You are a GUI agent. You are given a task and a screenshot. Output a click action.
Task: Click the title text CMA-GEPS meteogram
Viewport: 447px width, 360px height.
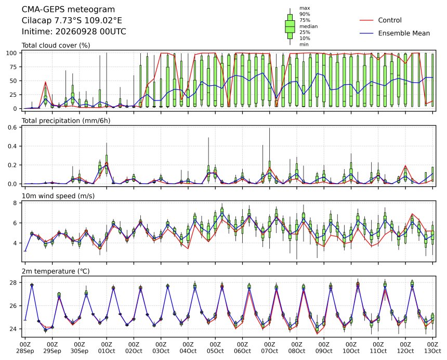coord(68,9)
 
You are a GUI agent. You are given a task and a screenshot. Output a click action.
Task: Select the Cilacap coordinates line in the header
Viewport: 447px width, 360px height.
coord(72,20)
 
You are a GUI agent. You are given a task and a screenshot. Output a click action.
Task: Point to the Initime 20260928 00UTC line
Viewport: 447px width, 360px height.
coord(74,31)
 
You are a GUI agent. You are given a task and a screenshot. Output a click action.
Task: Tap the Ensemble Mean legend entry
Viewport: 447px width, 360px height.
coord(395,33)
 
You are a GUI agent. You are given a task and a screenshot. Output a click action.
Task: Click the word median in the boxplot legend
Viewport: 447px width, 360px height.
coord(308,26)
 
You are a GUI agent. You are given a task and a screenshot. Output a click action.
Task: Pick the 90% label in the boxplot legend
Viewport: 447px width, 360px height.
coord(305,14)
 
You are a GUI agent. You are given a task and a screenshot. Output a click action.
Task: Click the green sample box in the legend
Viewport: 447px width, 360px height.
coord(290,26)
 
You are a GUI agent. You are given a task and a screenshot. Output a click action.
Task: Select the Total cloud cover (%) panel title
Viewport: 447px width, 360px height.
coord(56,46)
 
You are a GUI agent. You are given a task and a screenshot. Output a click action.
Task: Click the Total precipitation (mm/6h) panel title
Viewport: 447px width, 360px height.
coord(66,121)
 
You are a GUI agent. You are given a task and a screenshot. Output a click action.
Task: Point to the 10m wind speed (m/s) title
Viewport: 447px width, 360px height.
coord(58,196)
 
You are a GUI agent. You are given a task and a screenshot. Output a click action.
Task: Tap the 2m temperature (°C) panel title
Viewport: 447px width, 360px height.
coord(56,271)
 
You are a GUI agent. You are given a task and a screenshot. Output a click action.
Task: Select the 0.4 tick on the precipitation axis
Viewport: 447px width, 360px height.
coord(13,146)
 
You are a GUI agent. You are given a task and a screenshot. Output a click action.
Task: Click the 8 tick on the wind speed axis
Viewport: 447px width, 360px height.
coord(16,203)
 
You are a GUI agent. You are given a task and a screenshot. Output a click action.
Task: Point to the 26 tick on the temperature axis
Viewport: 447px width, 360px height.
coord(14,306)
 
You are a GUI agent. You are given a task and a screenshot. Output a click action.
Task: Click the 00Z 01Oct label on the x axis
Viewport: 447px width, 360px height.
coord(107,348)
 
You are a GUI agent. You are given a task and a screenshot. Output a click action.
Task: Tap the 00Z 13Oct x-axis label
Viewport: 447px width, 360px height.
coord(433,348)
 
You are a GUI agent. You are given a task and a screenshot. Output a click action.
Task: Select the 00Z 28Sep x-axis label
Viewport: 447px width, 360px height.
coord(25,348)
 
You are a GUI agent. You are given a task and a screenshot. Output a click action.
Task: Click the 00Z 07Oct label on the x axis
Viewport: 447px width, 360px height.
coord(270,348)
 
